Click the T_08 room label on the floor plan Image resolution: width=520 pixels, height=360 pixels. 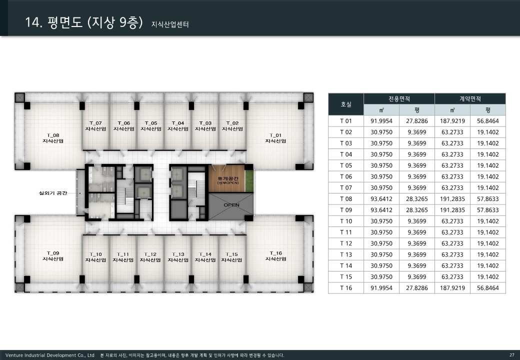tap(53, 138)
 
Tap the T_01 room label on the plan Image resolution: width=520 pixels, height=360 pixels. tap(275, 138)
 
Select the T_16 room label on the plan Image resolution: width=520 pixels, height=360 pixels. tap(275, 256)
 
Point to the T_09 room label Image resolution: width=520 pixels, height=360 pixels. tap(53, 256)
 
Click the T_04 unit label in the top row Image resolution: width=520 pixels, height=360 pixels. tap(178, 126)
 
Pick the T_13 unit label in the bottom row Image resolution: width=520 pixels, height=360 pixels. tap(178, 257)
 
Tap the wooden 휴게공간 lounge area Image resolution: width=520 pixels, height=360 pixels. tap(227, 178)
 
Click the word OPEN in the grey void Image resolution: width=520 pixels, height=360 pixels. tap(231, 205)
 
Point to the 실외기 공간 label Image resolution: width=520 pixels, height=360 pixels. tap(53, 193)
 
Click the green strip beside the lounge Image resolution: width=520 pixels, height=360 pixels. tap(249, 180)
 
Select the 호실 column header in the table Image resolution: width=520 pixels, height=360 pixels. tap(346, 104)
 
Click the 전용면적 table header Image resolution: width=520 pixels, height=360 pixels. tap(399, 99)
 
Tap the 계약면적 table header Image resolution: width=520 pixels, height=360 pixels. tap(470, 99)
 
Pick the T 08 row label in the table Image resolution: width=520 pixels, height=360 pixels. tap(346, 199)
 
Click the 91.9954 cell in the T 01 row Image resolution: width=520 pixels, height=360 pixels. tap(381, 121)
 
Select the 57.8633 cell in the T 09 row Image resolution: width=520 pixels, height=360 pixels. tap(488, 210)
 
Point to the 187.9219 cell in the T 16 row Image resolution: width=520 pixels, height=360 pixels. tap(452, 288)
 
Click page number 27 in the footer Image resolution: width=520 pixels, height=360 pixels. tap(511, 355)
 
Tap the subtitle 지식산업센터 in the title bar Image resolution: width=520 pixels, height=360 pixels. tap(170, 24)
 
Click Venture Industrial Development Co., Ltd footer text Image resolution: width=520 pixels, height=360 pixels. tap(49, 355)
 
